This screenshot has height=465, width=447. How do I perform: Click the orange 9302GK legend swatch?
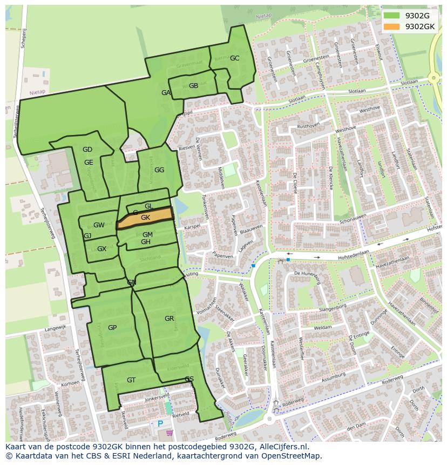392,26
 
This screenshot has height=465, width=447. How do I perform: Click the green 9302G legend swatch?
392,16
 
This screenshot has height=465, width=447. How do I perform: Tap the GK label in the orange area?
145,218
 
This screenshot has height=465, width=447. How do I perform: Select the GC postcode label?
234,58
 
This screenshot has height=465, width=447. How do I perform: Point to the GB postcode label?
193,86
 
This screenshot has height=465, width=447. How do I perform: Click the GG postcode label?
159,170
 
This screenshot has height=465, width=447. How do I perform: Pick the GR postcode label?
170,319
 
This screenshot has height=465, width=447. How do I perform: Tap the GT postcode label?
131,380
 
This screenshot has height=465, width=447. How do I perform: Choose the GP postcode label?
112,328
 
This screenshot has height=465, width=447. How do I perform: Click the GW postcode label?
99,225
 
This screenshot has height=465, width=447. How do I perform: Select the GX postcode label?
101,249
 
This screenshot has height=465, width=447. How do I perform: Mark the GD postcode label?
87,150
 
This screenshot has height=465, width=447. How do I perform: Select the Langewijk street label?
55,327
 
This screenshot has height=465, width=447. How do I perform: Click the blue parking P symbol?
160,424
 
